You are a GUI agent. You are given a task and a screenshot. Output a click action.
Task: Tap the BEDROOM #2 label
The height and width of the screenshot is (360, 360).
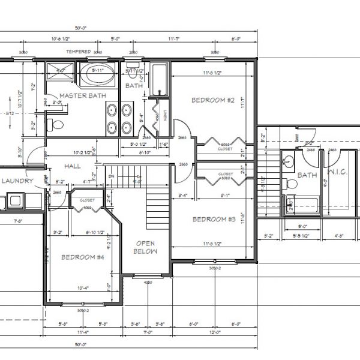212,100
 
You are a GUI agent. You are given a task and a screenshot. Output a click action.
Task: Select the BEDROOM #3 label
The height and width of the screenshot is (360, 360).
213,220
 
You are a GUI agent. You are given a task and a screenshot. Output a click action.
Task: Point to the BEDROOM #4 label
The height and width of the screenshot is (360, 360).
83,257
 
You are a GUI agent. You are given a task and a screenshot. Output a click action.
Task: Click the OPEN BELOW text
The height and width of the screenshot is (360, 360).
146,248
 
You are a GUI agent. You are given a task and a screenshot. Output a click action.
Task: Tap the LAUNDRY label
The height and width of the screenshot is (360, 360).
17,181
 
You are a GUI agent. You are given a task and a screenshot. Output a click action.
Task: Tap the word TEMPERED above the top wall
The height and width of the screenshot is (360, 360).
78,52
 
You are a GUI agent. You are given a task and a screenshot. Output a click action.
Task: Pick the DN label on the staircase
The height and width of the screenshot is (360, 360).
110,176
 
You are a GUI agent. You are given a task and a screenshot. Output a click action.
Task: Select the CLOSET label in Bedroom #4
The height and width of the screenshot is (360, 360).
88,200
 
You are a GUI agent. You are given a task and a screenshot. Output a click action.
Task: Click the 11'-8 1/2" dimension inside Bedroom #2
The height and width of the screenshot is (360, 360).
211,74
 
